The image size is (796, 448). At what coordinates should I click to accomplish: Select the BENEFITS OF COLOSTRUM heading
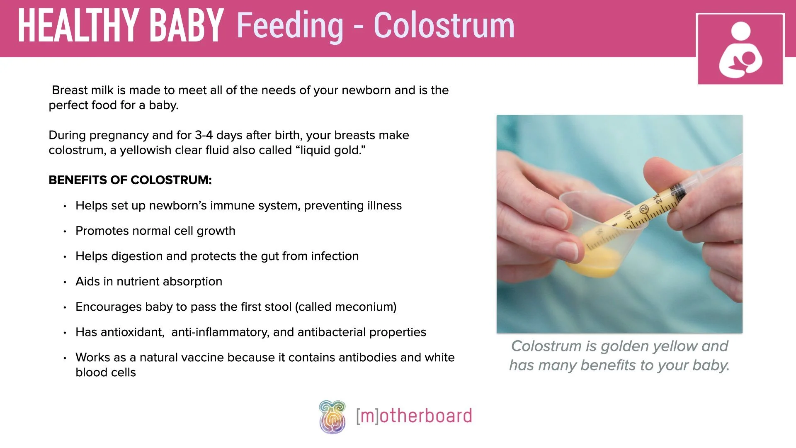[x=130, y=180]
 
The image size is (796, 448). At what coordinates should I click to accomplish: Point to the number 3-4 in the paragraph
[x=204, y=135]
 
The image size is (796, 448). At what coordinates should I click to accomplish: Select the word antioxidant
[x=132, y=332]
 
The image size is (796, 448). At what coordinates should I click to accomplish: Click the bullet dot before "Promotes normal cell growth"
[x=65, y=231]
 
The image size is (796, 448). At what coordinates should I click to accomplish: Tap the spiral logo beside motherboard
[x=332, y=416]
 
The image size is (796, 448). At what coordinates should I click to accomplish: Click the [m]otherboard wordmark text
[x=414, y=416]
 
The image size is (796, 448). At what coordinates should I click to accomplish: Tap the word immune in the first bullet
[x=228, y=206]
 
